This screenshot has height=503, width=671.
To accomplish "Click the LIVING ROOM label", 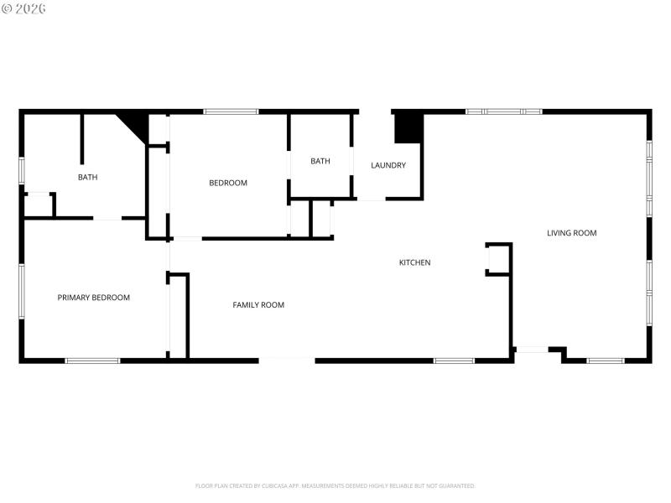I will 571,233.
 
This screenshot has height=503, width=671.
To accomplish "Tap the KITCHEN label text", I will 414,262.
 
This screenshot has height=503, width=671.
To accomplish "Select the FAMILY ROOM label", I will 258,305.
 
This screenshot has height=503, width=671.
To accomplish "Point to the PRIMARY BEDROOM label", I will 93,298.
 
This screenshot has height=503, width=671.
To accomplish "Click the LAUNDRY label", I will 388,165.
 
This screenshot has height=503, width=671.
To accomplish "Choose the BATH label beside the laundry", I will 320,161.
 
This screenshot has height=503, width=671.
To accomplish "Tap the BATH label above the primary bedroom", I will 88,177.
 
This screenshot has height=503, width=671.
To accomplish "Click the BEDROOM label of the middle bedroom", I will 228,183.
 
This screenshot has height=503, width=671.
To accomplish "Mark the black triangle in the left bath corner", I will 136,124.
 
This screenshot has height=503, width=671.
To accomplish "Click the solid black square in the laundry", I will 408,127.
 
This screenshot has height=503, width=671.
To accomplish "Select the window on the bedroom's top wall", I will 231,111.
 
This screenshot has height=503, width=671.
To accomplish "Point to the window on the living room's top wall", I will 503,111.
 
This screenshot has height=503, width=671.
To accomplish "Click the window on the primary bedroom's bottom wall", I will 92,360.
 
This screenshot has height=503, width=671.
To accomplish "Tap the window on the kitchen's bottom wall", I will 454,360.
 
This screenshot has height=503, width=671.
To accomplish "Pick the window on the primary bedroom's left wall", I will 22,291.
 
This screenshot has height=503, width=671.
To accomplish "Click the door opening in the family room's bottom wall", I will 287,360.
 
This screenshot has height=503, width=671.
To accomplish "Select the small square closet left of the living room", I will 498,259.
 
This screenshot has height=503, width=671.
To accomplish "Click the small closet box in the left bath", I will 39,205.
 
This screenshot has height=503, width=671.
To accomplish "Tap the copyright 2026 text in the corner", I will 23,8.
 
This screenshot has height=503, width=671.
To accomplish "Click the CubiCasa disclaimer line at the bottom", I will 335,485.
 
